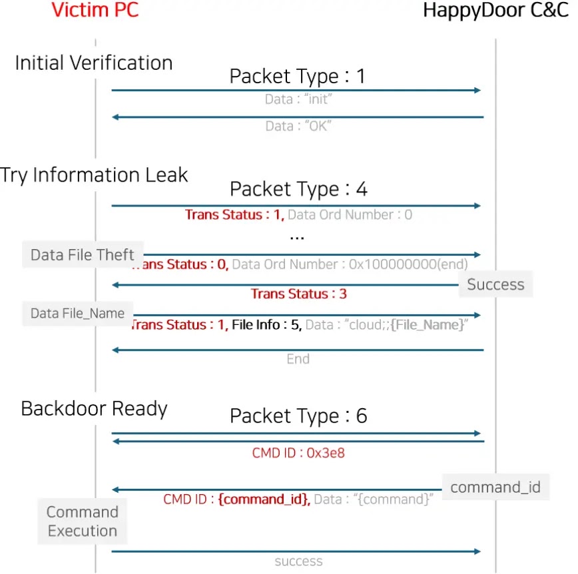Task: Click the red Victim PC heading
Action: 95,10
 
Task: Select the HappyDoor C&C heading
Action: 496,11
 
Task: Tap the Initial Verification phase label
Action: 94,63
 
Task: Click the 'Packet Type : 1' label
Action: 297,77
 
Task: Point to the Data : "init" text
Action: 298,99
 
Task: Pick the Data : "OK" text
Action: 298,126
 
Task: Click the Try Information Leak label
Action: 94,174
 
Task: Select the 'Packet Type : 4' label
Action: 298,189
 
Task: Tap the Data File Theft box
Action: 83,254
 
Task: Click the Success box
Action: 496,284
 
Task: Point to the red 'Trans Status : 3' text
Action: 298,294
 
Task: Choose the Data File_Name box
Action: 77,314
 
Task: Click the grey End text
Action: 298,359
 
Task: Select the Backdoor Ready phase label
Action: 94,408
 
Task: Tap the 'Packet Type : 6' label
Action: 298,416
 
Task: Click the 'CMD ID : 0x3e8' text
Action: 298,453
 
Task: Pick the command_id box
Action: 496,487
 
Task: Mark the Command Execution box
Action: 83,521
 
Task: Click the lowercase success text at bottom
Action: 298,561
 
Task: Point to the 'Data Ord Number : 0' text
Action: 350,214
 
